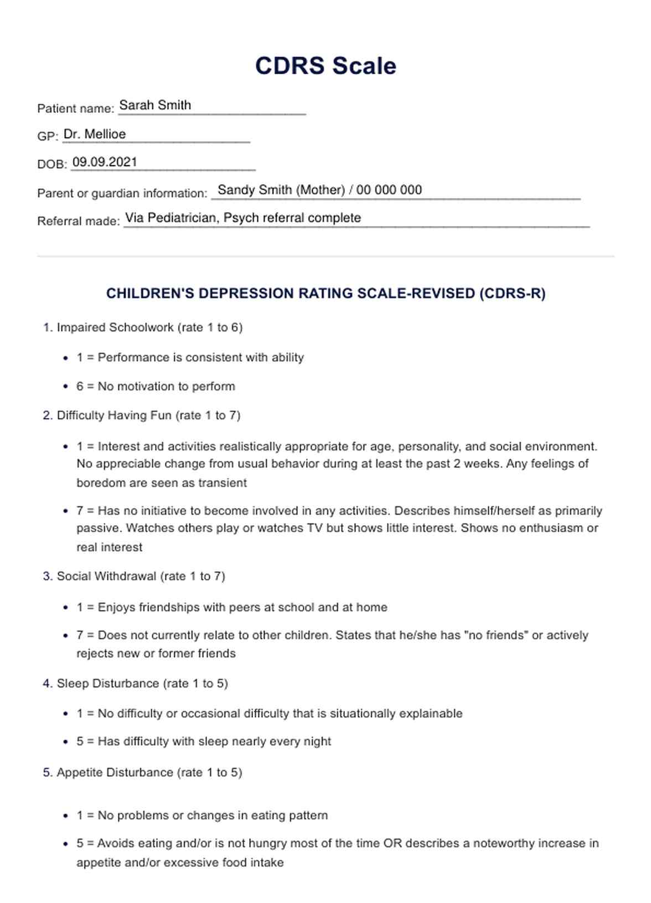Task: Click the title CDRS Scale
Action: (325, 66)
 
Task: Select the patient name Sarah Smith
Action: (155, 105)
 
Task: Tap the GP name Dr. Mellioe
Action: (95, 134)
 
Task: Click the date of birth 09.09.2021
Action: (105, 162)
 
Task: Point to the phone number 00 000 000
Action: (389, 190)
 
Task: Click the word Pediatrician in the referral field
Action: (182, 218)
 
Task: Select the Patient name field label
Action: (75, 109)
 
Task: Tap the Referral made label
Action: (78, 221)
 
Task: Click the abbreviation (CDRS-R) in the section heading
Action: (513, 294)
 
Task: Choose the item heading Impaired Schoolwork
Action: (115, 327)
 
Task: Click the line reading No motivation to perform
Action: (166, 386)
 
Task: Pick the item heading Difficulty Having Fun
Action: (114, 415)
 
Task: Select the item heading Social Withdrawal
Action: (106, 576)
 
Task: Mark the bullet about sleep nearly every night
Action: (214, 741)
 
